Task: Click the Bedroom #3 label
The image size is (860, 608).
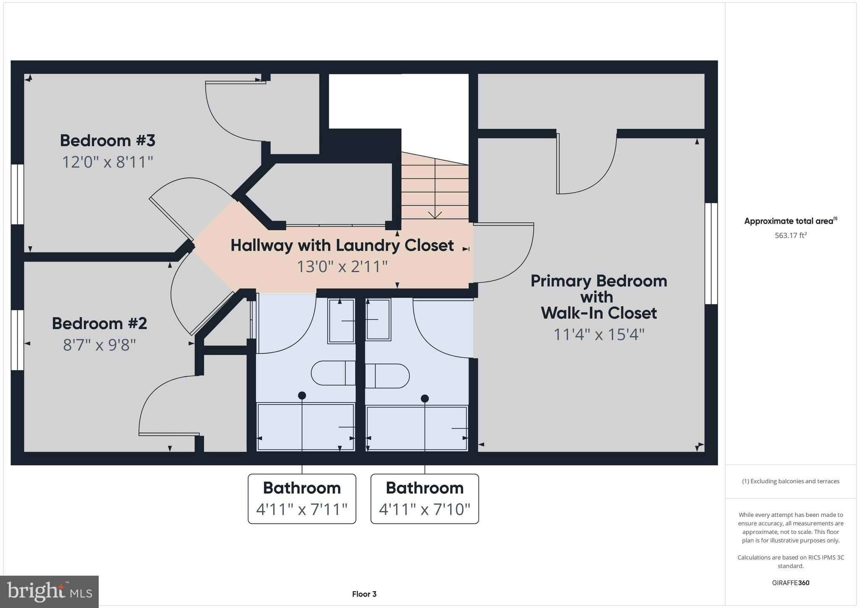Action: click(107, 140)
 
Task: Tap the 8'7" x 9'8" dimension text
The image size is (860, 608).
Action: click(100, 345)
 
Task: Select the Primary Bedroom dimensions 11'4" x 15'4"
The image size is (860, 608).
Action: click(599, 335)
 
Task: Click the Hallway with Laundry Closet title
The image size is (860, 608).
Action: click(342, 245)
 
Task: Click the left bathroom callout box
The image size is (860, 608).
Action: click(302, 498)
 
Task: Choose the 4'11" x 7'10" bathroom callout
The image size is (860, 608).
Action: click(425, 498)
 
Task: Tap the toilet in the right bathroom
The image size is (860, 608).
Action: click(387, 376)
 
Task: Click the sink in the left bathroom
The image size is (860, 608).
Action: click(341, 320)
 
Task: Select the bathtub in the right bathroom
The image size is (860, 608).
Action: click(417, 428)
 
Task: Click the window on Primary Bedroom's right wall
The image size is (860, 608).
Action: click(711, 254)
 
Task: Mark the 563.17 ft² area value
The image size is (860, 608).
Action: click(790, 236)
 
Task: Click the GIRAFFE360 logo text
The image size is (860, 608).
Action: click(790, 583)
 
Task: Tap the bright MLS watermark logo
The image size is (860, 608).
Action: click(50, 592)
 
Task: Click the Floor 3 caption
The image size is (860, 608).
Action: click(364, 594)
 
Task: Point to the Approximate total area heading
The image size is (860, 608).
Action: click(790, 221)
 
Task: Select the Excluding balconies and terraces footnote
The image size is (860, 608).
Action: click(790, 481)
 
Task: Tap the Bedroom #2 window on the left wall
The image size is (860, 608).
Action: click(17, 340)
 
